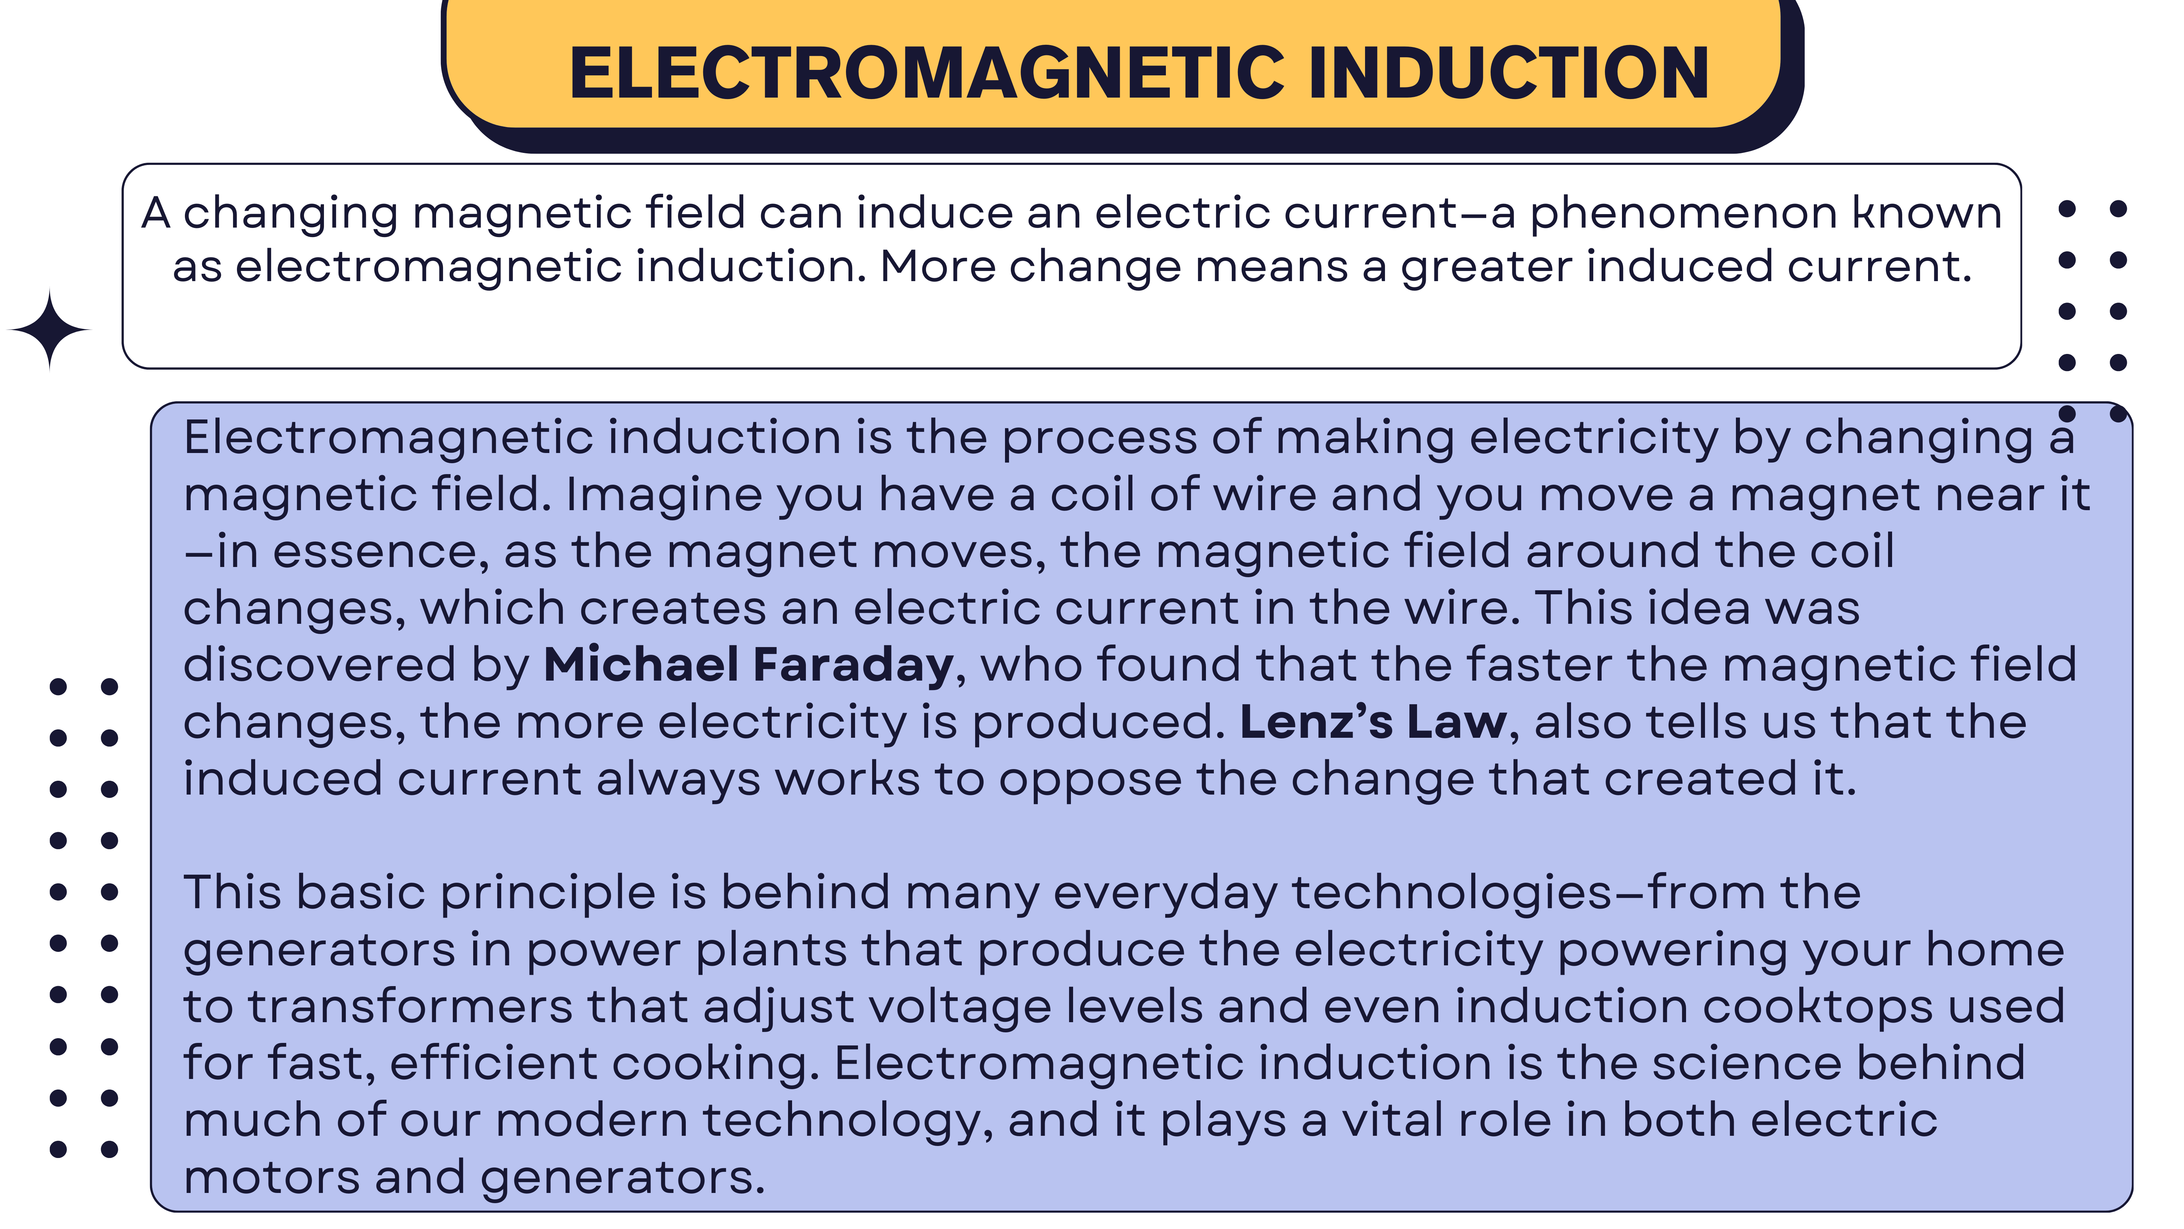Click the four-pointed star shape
click(x=49, y=330)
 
